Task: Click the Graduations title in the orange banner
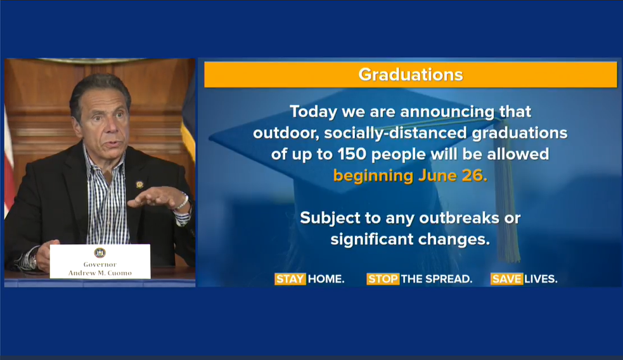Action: point(411,75)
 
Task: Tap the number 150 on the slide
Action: point(352,154)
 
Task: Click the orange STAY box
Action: point(290,279)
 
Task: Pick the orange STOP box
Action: point(383,279)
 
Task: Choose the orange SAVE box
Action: point(506,279)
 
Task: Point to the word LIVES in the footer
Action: point(541,279)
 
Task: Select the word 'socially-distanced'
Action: point(395,133)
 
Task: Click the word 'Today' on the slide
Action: point(314,112)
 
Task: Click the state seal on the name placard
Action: point(100,252)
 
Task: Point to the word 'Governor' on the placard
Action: point(100,264)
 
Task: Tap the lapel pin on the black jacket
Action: point(139,184)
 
